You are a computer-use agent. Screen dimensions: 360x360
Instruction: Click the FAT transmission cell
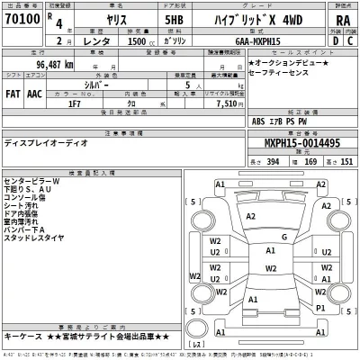point(13,91)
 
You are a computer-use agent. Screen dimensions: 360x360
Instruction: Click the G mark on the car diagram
point(285,238)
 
